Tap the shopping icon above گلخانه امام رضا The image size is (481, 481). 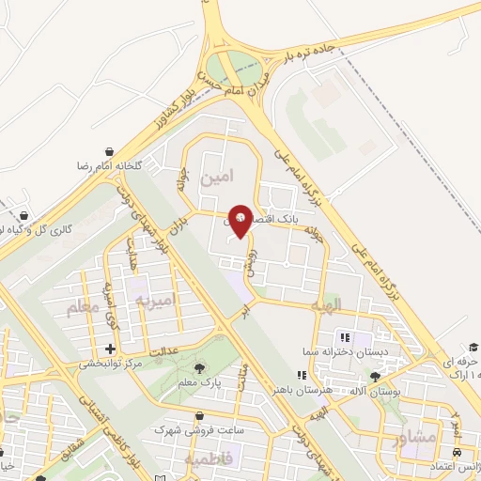[x=110, y=151]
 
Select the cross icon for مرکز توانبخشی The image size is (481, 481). [x=110, y=349]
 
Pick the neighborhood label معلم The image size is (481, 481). [x=83, y=307]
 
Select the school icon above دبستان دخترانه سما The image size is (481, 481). [x=345, y=336]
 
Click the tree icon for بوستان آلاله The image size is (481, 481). [x=376, y=377]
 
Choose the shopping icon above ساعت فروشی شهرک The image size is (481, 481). [x=197, y=416]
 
